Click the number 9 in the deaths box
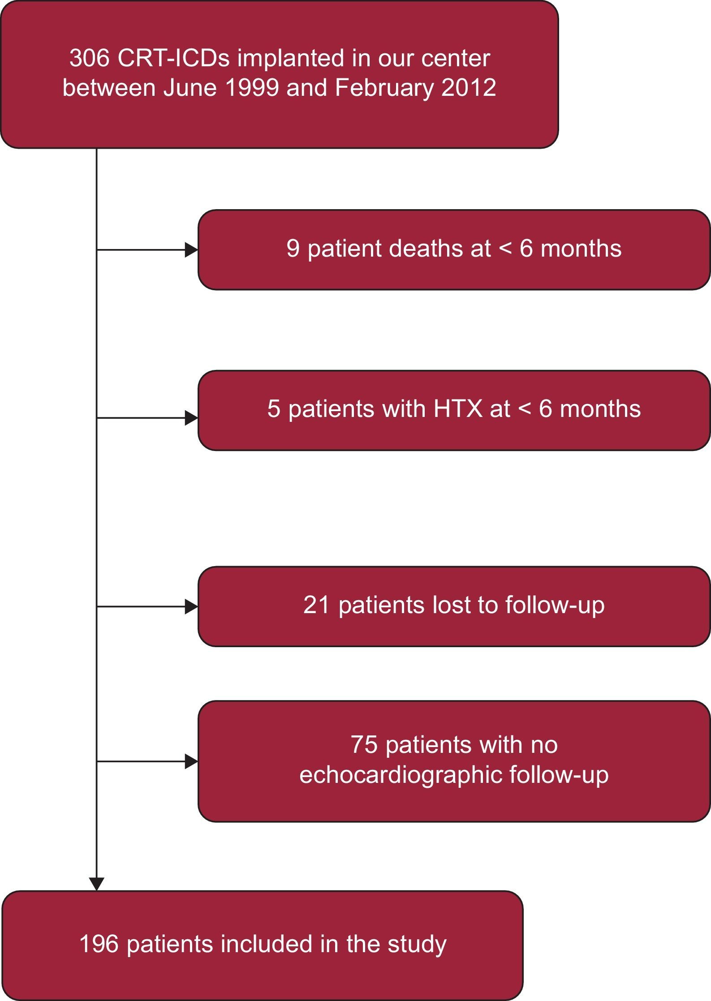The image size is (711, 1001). coord(293,249)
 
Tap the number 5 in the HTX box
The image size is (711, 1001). coord(274,409)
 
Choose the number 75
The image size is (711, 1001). coord(364,745)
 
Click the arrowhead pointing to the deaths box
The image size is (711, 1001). coord(192,250)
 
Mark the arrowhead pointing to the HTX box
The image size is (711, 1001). coord(192,418)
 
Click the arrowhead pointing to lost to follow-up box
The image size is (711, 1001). coord(192,607)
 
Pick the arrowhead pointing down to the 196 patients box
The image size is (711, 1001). coord(97,884)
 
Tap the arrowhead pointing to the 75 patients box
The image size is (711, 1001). coord(192,761)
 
